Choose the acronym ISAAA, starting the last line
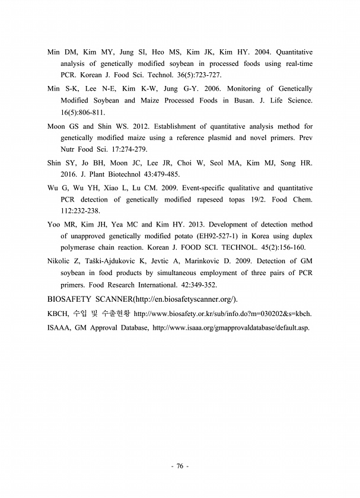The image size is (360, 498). tap(59, 327)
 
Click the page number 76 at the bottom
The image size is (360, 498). tap(180, 466)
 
